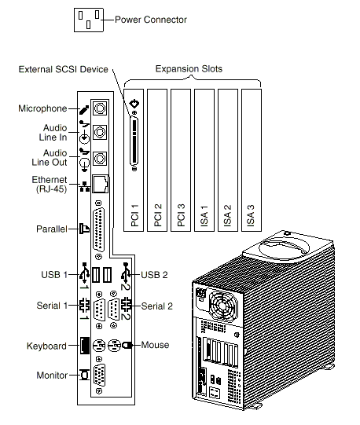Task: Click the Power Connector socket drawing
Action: tap(89, 20)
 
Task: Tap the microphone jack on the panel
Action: tap(100, 108)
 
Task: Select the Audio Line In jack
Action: tap(100, 132)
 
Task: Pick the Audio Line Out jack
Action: tap(100, 158)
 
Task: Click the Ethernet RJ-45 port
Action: tap(101, 184)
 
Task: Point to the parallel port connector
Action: tap(99, 230)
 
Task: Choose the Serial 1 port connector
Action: tap(99, 310)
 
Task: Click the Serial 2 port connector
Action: tap(113, 310)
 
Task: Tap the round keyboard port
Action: tap(99, 346)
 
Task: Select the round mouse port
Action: tap(114, 346)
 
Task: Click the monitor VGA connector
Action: tap(99, 376)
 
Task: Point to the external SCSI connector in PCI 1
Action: tap(134, 141)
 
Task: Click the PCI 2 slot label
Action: tap(158, 215)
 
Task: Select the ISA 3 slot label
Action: tap(251, 215)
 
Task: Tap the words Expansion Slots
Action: tap(189, 69)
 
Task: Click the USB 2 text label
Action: tap(154, 275)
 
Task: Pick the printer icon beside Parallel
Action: tap(84, 229)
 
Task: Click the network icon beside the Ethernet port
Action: tap(84, 187)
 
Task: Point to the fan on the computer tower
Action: tap(222, 305)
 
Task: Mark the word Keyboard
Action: tap(46, 346)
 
